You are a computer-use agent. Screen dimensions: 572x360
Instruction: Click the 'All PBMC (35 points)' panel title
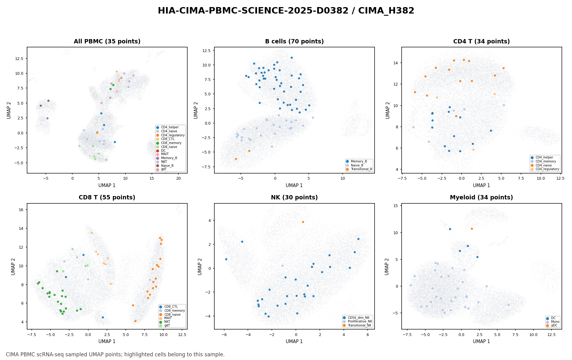(x=107, y=42)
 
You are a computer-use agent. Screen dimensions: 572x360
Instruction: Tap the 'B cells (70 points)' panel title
(x=294, y=42)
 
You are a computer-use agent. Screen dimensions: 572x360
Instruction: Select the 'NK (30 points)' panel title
(x=294, y=198)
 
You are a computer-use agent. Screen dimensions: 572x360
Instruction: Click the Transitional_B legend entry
(x=359, y=169)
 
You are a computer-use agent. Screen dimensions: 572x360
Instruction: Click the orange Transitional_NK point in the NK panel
(x=303, y=222)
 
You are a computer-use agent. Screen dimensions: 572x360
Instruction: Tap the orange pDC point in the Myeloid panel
(x=472, y=229)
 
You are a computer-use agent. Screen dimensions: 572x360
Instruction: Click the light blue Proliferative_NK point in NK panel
(x=282, y=266)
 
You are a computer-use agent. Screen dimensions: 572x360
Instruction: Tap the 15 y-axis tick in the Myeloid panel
(x=396, y=206)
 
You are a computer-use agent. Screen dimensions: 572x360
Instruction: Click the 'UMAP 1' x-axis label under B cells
(x=294, y=186)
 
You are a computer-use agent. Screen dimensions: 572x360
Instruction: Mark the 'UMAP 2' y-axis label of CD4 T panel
(x=388, y=110)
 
